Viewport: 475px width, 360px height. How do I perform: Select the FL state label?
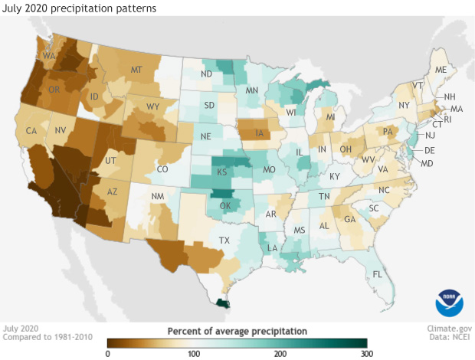377,274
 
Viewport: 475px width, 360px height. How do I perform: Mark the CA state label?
31,130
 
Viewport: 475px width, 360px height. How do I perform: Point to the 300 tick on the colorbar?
366,353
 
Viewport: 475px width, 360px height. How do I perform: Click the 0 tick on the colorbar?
108,353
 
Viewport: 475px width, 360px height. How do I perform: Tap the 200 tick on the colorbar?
280,353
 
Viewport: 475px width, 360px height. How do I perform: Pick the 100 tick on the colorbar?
194,353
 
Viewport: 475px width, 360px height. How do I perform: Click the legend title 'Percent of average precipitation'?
237,330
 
